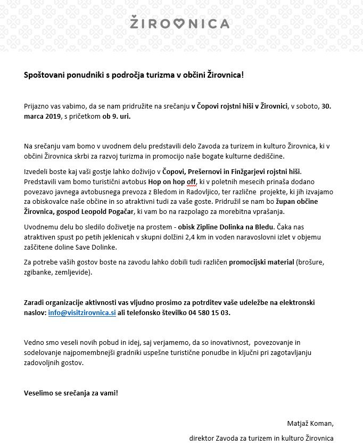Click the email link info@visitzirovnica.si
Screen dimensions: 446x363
coord(82,312)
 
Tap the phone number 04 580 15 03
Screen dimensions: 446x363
coord(210,312)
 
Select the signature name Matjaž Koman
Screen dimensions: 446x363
coord(310,424)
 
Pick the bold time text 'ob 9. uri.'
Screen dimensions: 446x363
coord(117,115)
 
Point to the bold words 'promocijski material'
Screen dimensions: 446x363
coord(261,262)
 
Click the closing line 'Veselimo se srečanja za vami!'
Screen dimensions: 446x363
coord(71,393)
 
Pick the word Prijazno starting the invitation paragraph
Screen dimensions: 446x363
coord(37,106)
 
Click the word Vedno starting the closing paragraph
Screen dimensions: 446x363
coord(35,343)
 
